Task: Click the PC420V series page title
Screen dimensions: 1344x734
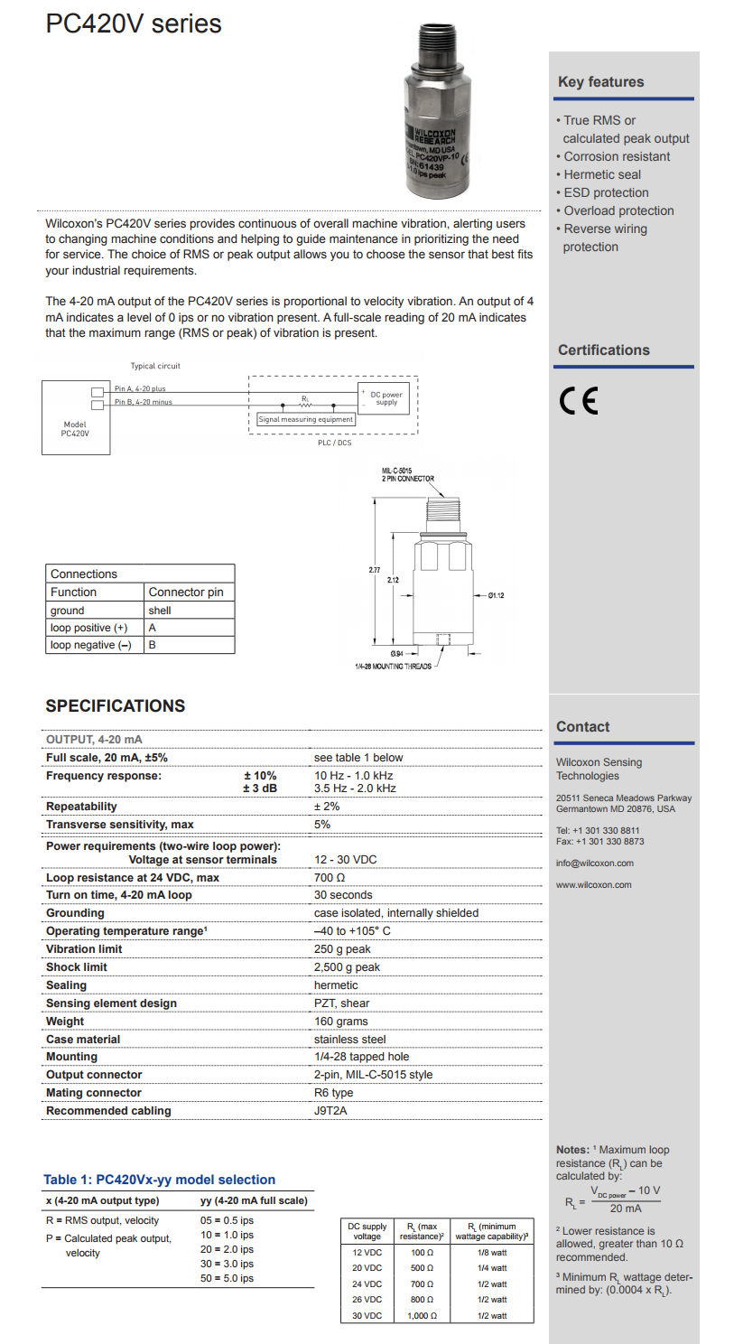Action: click(x=134, y=23)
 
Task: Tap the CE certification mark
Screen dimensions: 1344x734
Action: click(x=579, y=400)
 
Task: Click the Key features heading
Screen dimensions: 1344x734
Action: click(x=600, y=81)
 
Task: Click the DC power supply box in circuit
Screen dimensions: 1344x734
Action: click(x=386, y=398)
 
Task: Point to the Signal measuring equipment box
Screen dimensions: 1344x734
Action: click(x=306, y=419)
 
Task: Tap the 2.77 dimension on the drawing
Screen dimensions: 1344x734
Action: click(x=375, y=570)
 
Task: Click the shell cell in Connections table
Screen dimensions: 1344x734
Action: click(x=160, y=611)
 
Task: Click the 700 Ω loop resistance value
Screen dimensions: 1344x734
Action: click(x=330, y=877)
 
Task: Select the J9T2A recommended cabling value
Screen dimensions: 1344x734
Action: click(x=330, y=1111)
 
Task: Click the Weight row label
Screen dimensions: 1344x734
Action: click(x=65, y=1021)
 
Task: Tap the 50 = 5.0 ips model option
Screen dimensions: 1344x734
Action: click(x=227, y=1278)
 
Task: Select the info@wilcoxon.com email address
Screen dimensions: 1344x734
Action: click(x=594, y=863)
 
